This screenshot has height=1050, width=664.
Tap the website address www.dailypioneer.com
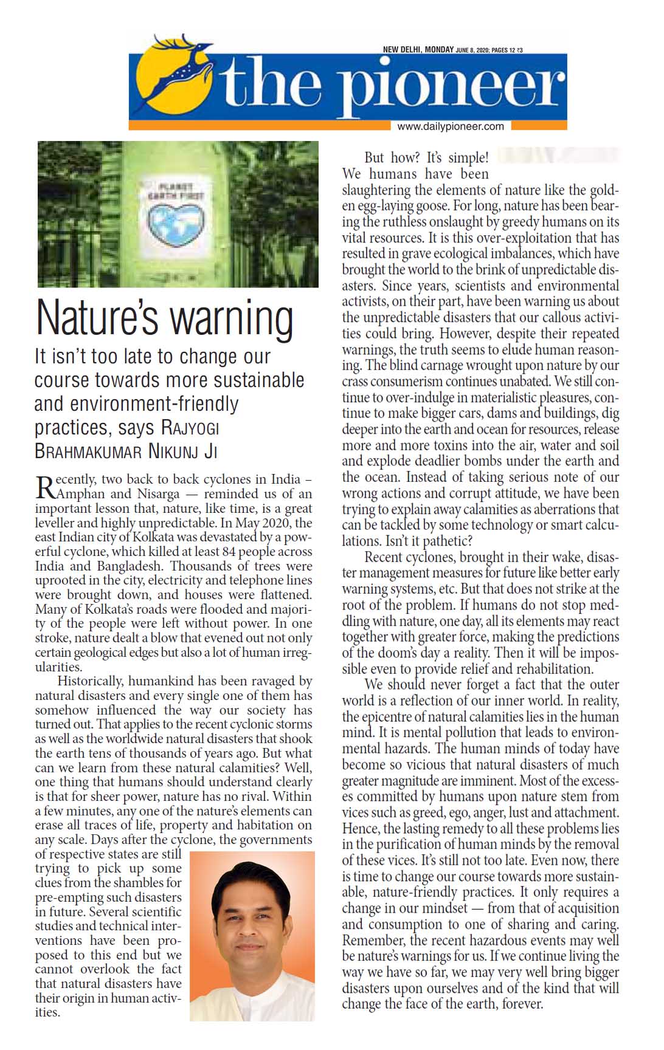(451, 126)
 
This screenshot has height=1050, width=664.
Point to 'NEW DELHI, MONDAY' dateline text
(418, 50)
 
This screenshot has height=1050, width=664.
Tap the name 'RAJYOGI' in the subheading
(190, 428)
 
